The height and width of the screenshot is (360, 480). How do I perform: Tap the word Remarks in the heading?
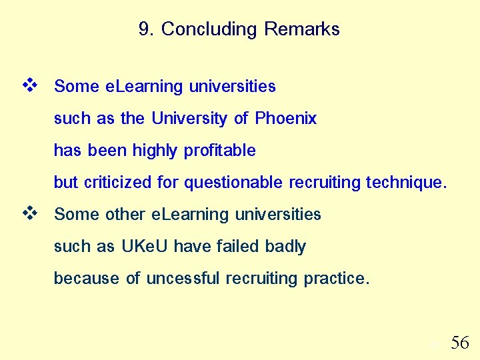pyautogui.click(x=302, y=29)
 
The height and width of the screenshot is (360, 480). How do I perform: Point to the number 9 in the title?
pyautogui.click(x=144, y=29)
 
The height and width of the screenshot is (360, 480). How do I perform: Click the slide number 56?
pyautogui.click(x=460, y=343)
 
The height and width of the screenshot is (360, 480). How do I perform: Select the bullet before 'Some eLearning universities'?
pyautogui.click(x=29, y=85)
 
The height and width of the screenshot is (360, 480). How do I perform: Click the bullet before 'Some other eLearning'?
pyautogui.click(x=29, y=213)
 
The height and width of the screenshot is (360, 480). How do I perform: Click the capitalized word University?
pyautogui.click(x=190, y=119)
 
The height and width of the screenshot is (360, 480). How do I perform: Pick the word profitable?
pyautogui.click(x=220, y=151)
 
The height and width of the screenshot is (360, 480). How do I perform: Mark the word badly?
pyautogui.click(x=285, y=247)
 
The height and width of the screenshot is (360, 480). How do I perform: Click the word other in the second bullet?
pyautogui.click(x=126, y=215)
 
